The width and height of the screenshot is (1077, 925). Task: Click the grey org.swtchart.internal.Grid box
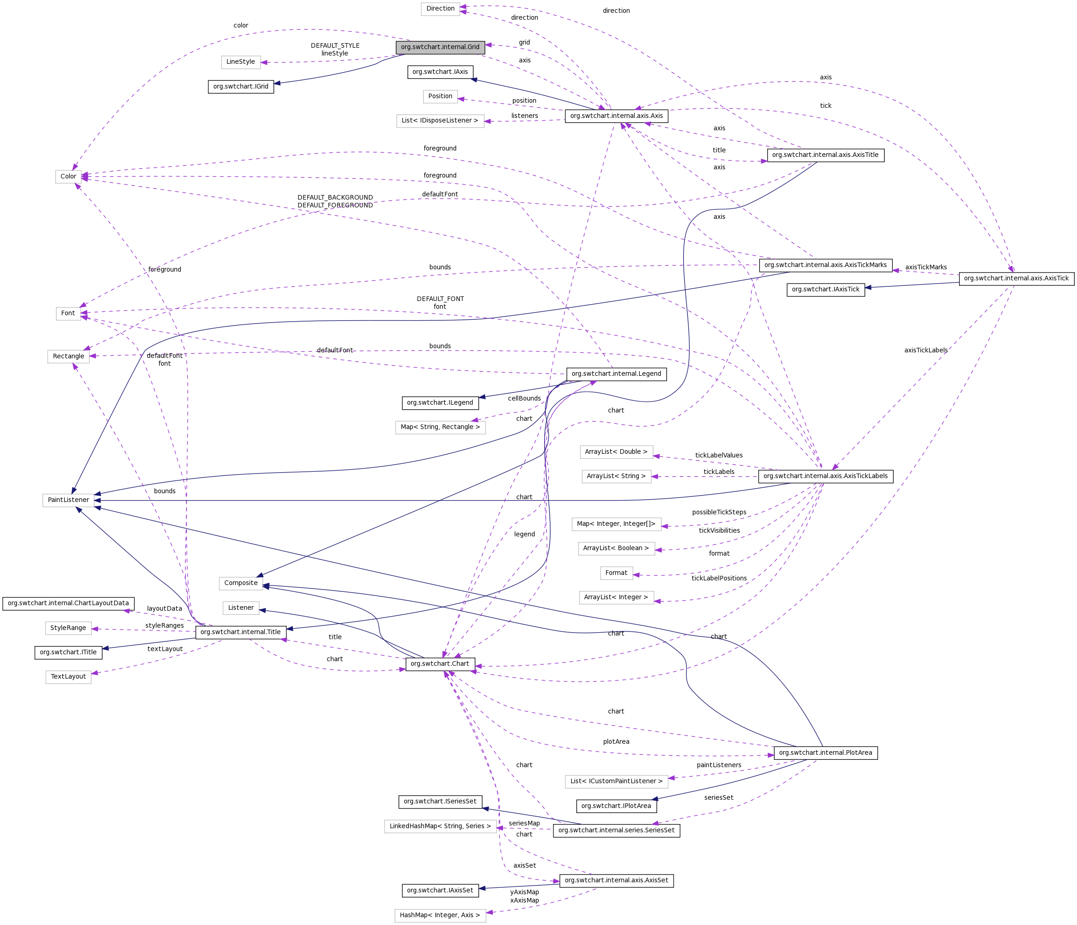[440, 47]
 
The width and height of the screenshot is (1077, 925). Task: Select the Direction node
[440, 9]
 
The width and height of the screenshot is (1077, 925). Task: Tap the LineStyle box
[240, 62]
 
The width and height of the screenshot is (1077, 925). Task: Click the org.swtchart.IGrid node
[240, 86]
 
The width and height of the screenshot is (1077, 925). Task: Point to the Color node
[68, 177]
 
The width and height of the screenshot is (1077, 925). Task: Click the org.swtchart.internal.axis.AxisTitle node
[825, 155]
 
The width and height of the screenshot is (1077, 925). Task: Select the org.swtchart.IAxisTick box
[826, 290]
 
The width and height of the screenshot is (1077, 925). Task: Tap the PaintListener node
[68, 500]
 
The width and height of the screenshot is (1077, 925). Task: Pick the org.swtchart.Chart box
[440, 663]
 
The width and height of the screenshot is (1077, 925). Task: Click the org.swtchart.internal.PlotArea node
[826, 752]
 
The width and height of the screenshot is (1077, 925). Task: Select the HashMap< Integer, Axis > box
[440, 915]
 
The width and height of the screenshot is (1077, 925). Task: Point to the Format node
[616, 573]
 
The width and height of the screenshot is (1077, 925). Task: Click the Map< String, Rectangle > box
[440, 427]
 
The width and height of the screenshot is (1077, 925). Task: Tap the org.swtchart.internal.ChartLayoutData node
[68, 603]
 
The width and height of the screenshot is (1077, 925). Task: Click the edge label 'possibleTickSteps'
[719, 513]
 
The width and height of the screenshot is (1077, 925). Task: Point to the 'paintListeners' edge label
[719, 765]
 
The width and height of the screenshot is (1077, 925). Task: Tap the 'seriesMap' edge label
[524, 823]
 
